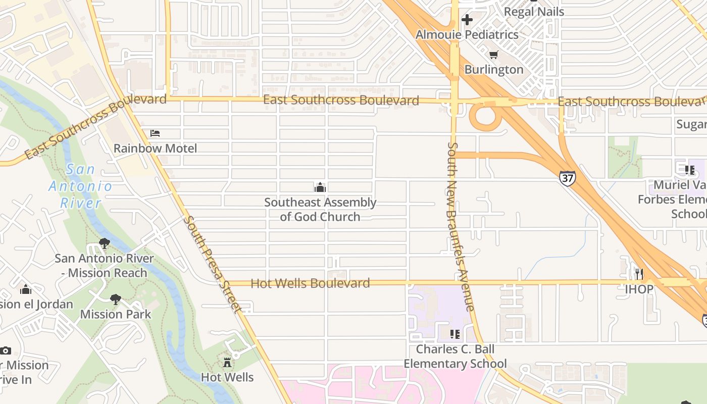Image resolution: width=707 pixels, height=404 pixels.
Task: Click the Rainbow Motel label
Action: pos(155,148)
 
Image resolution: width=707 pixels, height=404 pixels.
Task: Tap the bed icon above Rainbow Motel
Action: pos(155,133)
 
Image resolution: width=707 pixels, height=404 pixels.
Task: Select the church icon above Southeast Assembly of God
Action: pos(320,188)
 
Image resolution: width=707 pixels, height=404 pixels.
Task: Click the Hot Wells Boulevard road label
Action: pos(310,283)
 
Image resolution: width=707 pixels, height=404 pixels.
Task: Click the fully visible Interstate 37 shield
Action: pos(567,178)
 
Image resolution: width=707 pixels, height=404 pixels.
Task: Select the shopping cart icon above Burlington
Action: pos(493,55)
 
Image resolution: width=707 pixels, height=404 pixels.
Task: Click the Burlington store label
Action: pos(493,70)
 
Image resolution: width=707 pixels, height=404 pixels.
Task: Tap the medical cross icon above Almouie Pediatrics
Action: pos(467,20)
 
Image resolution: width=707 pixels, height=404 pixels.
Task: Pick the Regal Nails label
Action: pos(534,12)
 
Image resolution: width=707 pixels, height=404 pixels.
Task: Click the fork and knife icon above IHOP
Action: pos(639,274)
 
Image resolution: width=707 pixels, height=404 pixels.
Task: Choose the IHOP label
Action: pos(639,289)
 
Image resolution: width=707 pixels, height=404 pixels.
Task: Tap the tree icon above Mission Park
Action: pos(116,299)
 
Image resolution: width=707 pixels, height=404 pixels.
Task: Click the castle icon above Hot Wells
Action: pos(227,362)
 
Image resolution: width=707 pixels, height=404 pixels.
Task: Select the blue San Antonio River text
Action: pos(81,186)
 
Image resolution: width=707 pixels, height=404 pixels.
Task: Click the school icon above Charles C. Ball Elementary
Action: pos(454,334)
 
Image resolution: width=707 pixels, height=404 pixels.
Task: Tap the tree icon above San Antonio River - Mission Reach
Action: pos(105,243)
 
